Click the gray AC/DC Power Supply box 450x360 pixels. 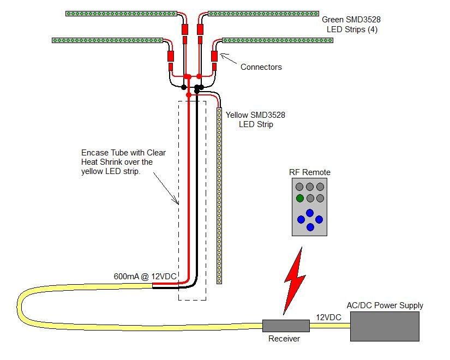pyautogui.click(x=385, y=326)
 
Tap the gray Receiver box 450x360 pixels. pyautogui.click(x=286, y=326)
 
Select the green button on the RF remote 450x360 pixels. pyautogui.click(x=300, y=198)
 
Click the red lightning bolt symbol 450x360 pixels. pyautogui.click(x=294, y=281)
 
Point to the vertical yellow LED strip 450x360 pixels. pyautogui.click(x=219, y=195)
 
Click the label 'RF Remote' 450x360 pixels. pyautogui.click(x=310, y=172)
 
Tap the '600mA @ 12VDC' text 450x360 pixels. pyautogui.click(x=145, y=276)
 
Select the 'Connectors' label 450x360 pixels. pyautogui.click(x=261, y=67)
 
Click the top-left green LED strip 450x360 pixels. pyautogui.click(x=122, y=14)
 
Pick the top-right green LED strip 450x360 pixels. pyautogui.click(x=263, y=14)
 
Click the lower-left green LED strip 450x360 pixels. pyautogui.click(x=107, y=40)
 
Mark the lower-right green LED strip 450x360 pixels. pyautogui.click(x=278, y=40)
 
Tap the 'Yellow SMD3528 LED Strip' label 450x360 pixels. pyautogui.click(x=255, y=119)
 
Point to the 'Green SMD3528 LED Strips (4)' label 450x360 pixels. pyautogui.click(x=351, y=25)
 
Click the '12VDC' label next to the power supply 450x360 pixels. pyautogui.click(x=328, y=317)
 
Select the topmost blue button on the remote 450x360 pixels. pyautogui.click(x=310, y=213)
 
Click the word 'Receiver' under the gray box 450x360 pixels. pyautogui.click(x=284, y=339)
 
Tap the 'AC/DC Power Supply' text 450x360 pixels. pyautogui.click(x=385, y=305)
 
